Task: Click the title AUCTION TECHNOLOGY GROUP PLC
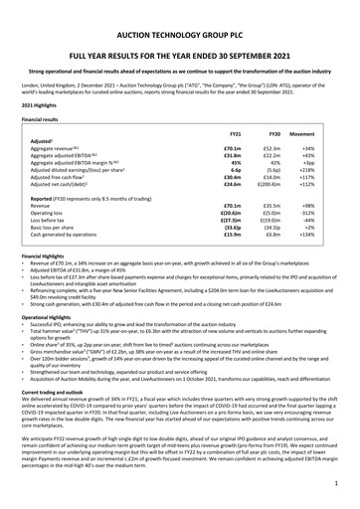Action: (x=179, y=13)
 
